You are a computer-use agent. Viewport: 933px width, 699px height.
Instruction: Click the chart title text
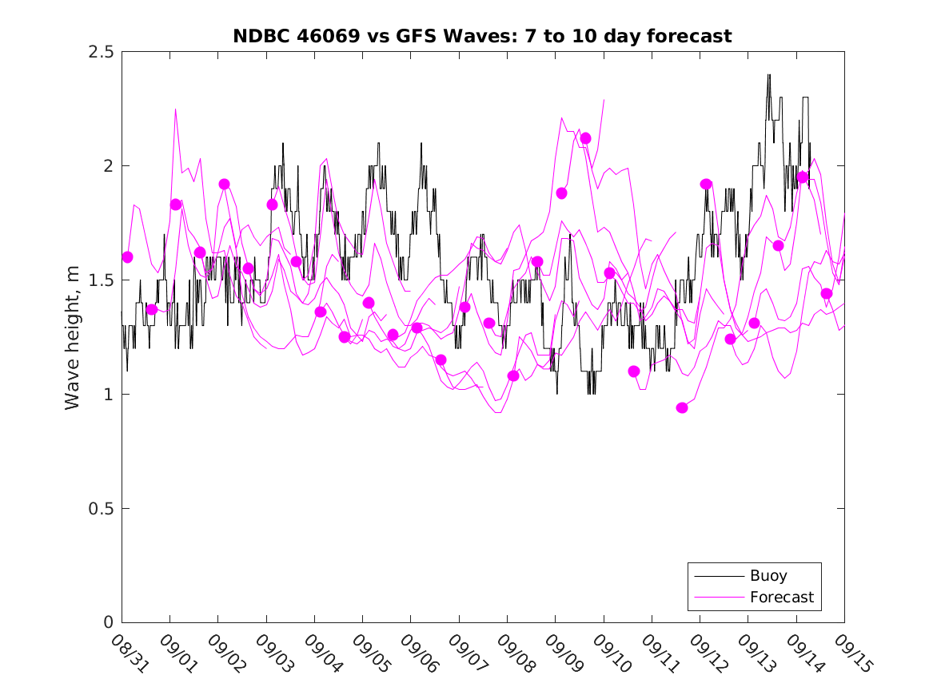(x=482, y=36)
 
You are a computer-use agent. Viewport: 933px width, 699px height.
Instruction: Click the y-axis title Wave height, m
(x=73, y=337)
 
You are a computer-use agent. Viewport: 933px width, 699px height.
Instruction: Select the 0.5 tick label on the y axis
(x=100, y=509)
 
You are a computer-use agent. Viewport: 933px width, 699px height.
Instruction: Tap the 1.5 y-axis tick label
(x=100, y=280)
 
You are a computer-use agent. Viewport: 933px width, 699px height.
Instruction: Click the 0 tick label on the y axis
(x=107, y=623)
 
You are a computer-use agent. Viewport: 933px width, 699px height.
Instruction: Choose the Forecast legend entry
(x=781, y=597)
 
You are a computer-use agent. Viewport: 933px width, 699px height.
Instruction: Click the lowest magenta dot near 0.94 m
(x=682, y=407)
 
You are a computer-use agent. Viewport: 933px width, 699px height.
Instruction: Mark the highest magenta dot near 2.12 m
(x=585, y=138)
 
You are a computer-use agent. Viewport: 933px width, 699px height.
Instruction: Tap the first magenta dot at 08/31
(x=127, y=256)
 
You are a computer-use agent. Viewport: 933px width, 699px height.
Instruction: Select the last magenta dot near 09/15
(x=827, y=293)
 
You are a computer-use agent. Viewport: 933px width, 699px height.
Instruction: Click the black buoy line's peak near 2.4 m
(x=769, y=74)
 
